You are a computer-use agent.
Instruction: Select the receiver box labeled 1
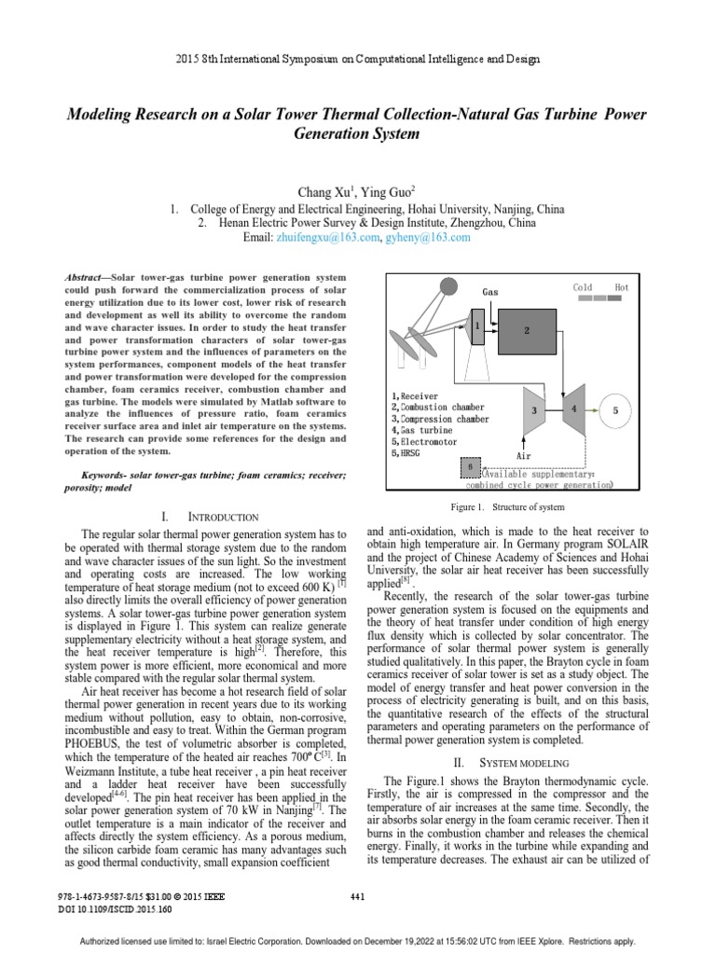(477, 327)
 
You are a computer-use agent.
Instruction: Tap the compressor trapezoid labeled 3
(535, 409)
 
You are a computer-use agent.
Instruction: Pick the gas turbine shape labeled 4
(574, 409)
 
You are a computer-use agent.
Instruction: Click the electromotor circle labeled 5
(615, 409)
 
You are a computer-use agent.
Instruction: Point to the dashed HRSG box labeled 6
(472, 466)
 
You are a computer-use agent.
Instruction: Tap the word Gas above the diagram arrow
(490, 292)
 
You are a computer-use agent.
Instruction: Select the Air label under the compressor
(523, 456)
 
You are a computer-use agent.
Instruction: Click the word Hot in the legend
(622, 288)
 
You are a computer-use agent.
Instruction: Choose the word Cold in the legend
(583, 288)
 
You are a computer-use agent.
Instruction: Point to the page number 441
(357, 897)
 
